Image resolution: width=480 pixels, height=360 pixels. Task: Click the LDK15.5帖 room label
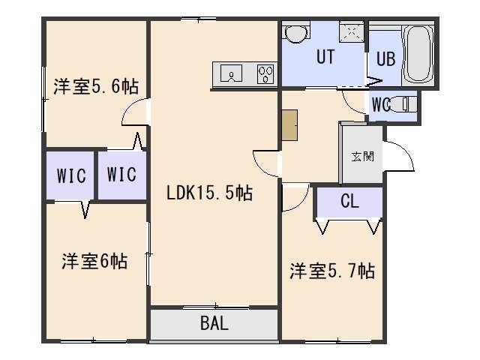(x=209, y=193)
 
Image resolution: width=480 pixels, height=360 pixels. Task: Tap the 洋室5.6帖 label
(x=96, y=86)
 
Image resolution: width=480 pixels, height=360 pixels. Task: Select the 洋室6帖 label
(x=94, y=261)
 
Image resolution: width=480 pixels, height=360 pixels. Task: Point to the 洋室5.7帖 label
(x=332, y=271)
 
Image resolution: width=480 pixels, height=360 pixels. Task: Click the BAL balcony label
(x=214, y=323)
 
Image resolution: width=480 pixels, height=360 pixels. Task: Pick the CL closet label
(x=349, y=201)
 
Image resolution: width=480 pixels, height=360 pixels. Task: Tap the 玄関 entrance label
(x=362, y=157)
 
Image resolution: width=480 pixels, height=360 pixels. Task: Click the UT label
(x=325, y=57)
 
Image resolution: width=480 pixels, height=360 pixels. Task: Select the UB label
(x=385, y=58)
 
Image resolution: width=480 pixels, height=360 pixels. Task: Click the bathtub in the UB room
(x=418, y=54)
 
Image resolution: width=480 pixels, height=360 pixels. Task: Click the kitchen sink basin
(x=232, y=73)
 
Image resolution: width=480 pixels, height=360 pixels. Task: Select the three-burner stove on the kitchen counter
(x=265, y=73)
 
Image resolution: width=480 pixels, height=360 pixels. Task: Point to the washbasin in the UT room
(x=295, y=33)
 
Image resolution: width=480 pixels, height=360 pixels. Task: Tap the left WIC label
(x=71, y=175)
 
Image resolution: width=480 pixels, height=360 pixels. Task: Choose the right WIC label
(x=121, y=174)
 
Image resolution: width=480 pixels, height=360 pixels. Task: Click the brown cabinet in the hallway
(x=289, y=125)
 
